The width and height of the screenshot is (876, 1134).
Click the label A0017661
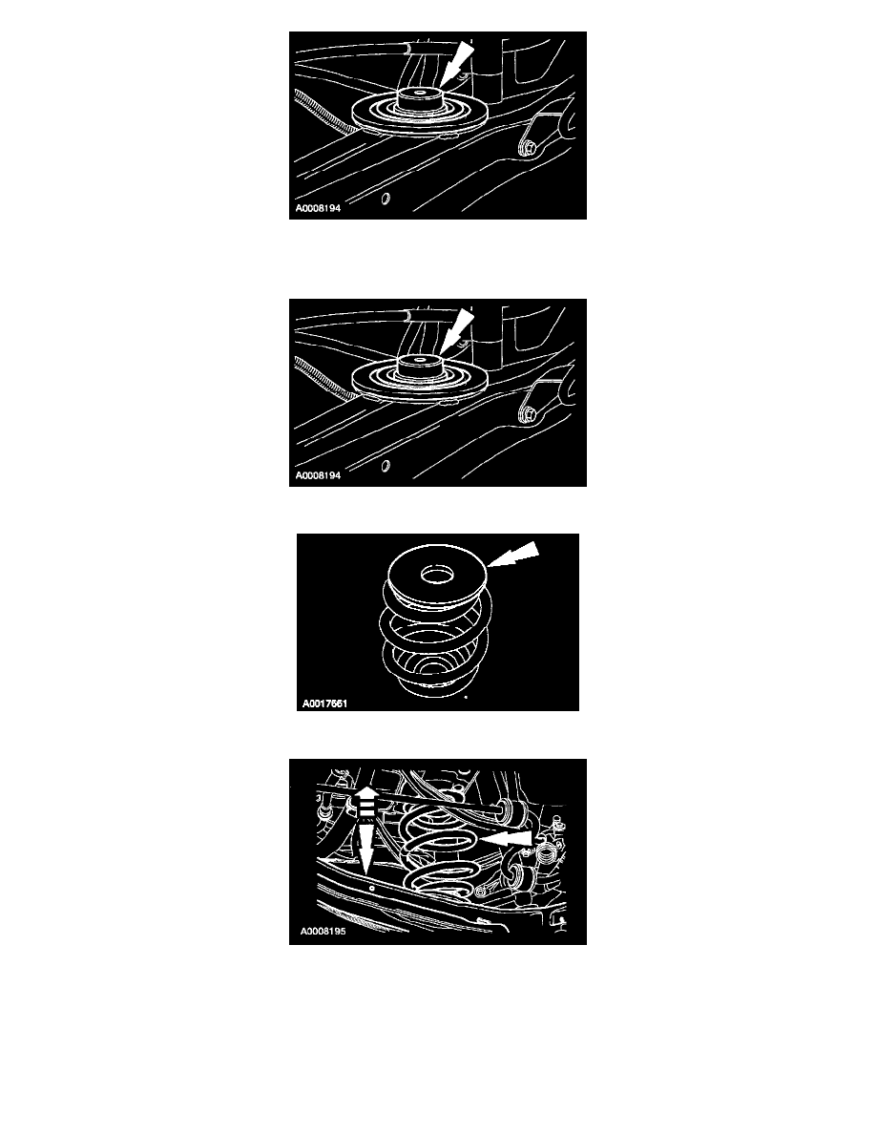324,703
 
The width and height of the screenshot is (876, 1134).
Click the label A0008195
323,931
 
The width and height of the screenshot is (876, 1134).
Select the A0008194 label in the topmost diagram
318,208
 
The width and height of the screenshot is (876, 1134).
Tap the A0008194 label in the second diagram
318,476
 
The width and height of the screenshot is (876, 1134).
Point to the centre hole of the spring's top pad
437,576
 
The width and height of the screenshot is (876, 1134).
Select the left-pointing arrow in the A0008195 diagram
506,839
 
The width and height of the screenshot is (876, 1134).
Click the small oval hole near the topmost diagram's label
386,199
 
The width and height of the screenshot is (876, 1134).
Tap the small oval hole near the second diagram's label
386,466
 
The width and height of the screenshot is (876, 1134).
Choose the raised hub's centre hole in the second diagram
420,359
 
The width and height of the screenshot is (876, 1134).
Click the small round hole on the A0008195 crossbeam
371,889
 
